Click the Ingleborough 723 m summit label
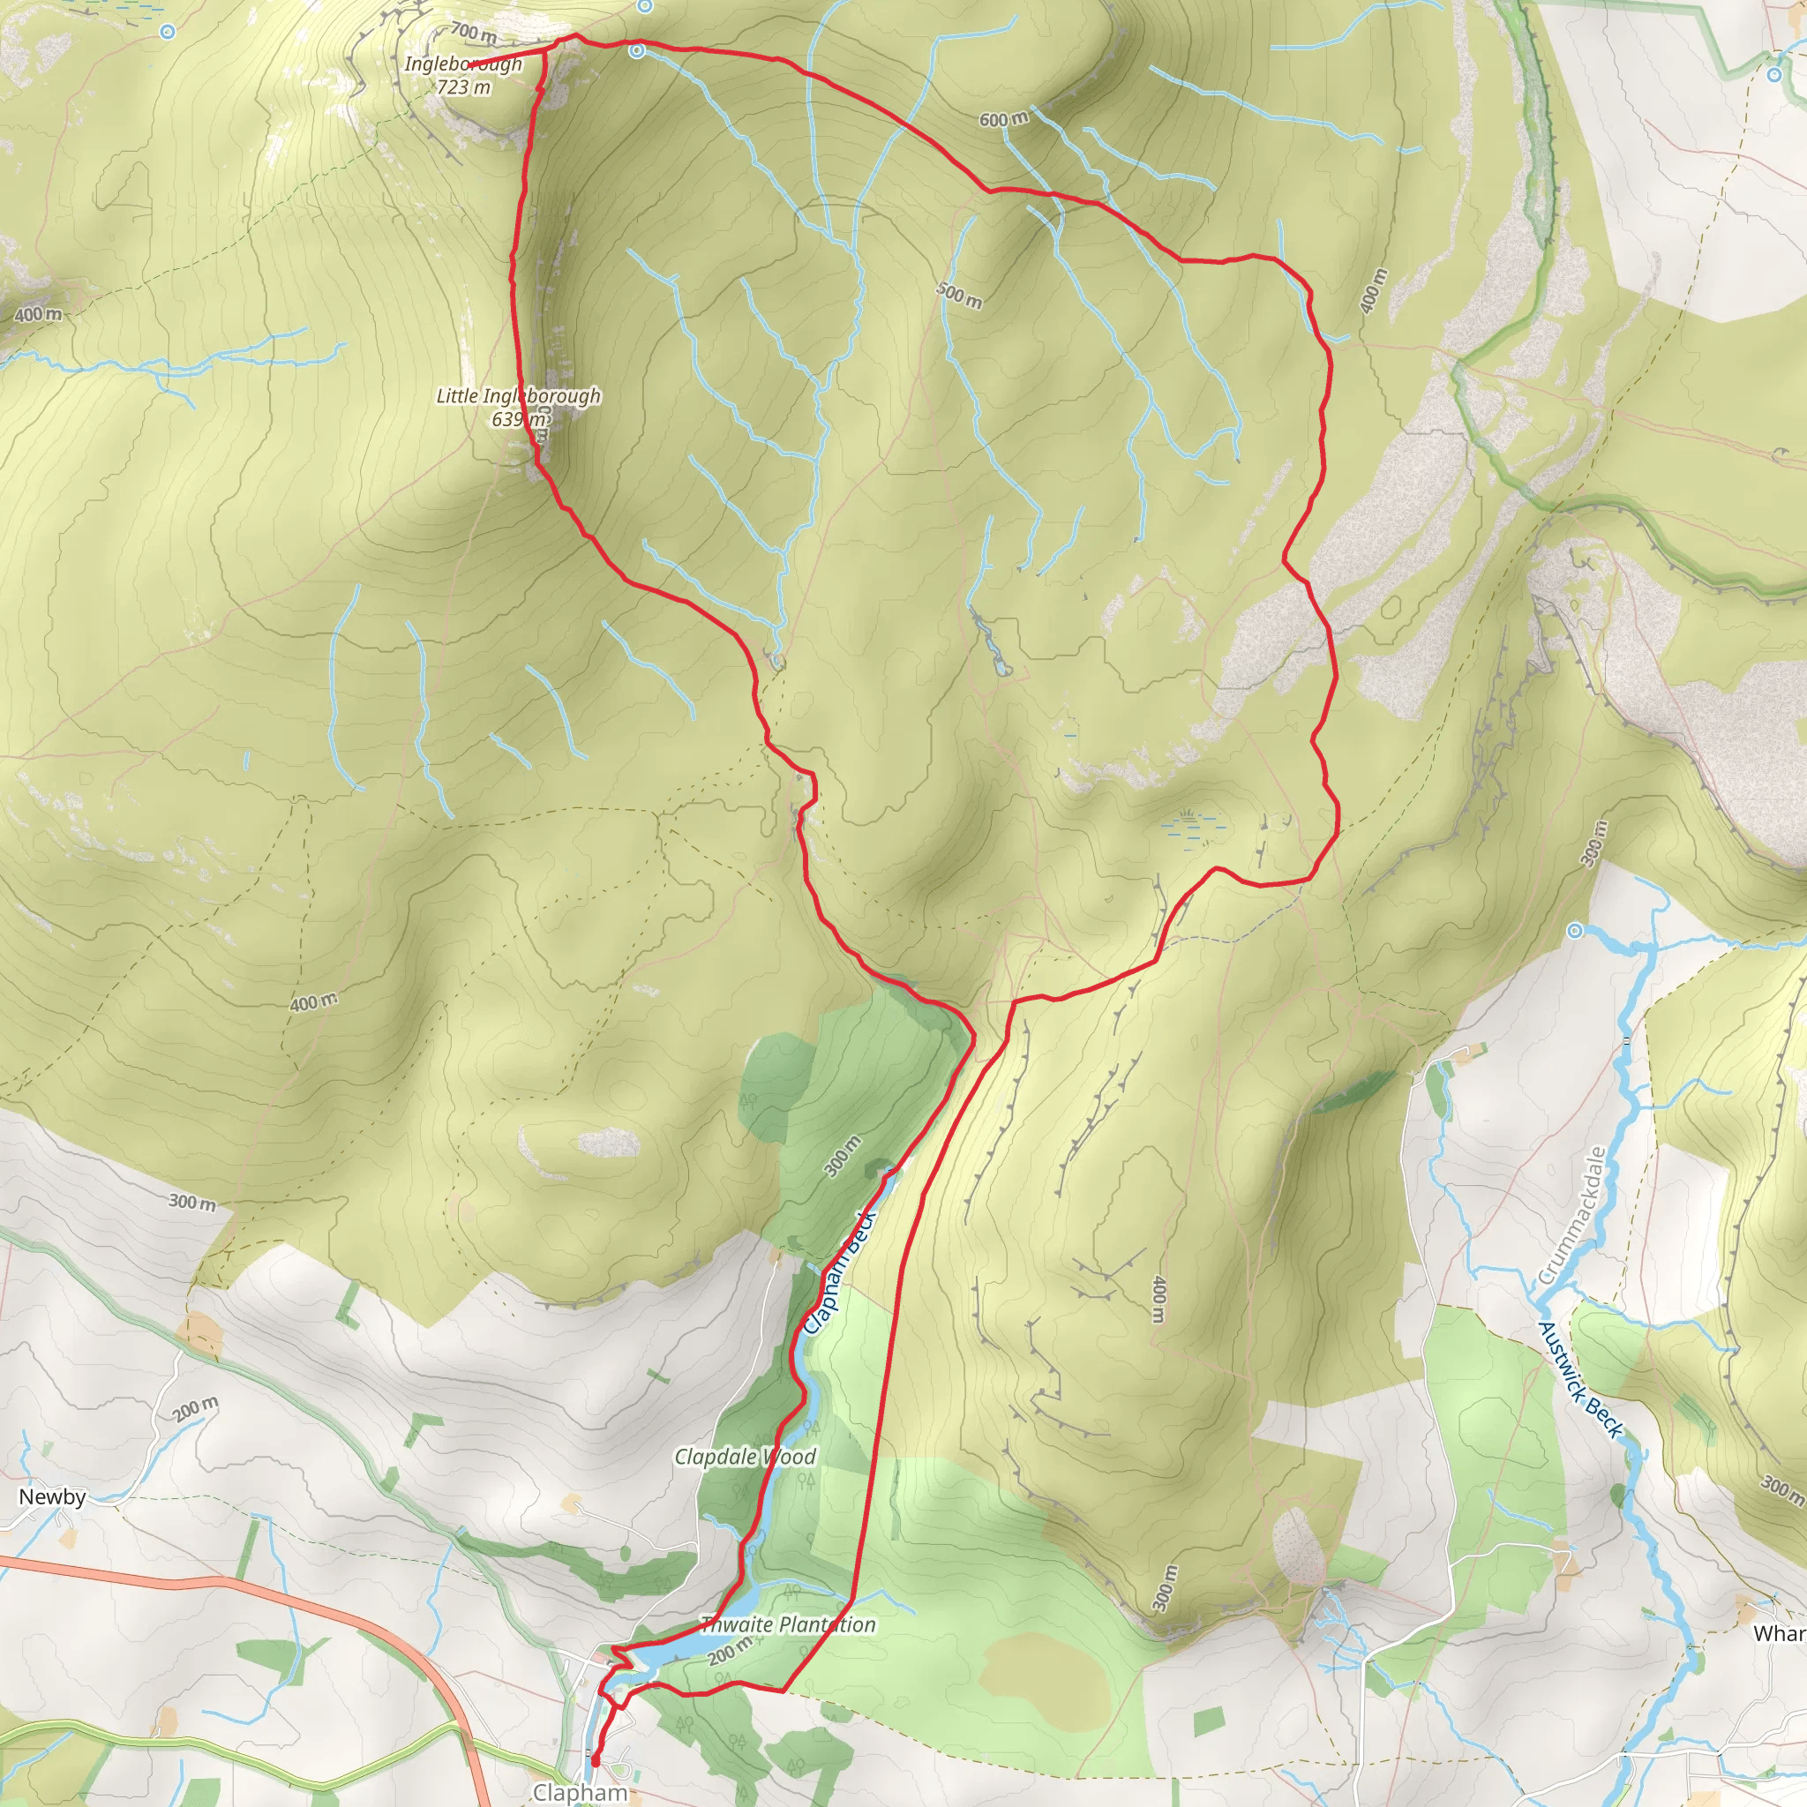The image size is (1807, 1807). pos(463,76)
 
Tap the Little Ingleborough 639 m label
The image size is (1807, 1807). pos(518,407)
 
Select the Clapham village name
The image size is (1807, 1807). pos(580,1792)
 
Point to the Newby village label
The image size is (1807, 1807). pos(52,1496)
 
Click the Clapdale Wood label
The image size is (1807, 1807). pos(746,1456)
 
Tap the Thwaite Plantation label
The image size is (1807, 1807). pos(788,1624)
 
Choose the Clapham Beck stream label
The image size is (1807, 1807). pos(839,1273)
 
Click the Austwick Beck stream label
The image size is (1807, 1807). pos(1580,1379)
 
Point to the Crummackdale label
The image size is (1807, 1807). pos(1571,1216)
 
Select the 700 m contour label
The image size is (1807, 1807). pos(473,34)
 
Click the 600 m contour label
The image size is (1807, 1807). pos(1003,120)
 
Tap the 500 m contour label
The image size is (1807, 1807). pos(960,295)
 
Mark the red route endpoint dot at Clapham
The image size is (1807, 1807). pos(595,1761)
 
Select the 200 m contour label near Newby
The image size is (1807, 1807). pos(196,1408)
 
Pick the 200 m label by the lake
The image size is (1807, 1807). pos(730,1651)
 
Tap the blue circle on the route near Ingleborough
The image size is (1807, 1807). pos(637,51)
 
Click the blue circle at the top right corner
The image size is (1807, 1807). pos(1775,74)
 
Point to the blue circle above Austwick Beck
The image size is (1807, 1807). pos(1575,931)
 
